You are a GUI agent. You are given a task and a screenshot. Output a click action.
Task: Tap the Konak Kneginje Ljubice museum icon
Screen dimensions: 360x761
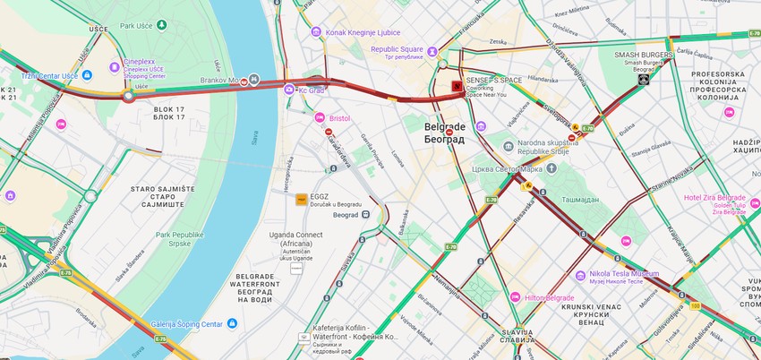(x=316, y=31)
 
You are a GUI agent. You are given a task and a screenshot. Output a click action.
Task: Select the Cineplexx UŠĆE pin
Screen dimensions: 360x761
(x=114, y=65)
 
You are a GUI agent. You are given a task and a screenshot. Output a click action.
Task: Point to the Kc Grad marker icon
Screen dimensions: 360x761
(x=290, y=90)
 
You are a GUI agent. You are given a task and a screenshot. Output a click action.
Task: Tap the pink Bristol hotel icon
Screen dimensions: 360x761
(x=320, y=117)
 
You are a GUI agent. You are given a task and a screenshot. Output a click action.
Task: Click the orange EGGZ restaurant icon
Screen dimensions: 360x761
(x=302, y=199)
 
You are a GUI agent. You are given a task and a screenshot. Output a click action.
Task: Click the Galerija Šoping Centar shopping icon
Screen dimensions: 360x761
(x=231, y=323)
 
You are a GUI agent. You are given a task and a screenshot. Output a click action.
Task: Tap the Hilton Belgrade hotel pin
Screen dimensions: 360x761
(x=515, y=296)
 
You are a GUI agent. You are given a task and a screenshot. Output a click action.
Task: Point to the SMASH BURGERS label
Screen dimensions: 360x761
(x=643, y=55)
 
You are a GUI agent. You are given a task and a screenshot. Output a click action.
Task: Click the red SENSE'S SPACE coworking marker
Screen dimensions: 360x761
(x=457, y=87)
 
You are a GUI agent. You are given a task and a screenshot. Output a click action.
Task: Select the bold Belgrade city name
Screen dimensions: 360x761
(x=444, y=128)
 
